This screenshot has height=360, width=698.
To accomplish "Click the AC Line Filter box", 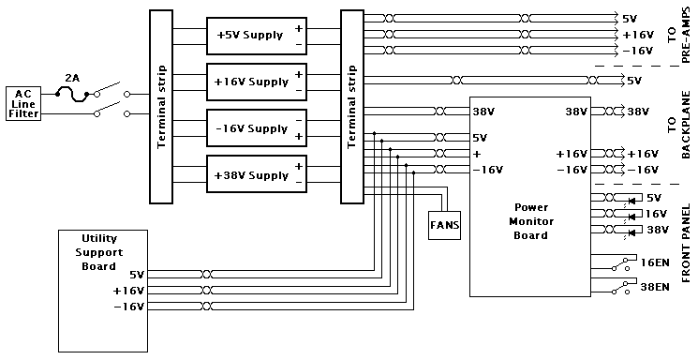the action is point(23,104).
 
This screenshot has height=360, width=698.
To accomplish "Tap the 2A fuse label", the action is point(72,79).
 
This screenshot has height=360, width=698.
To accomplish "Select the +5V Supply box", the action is point(257,36).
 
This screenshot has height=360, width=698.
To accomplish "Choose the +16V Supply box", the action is point(257,82).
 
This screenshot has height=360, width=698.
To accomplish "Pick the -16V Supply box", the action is point(257,127).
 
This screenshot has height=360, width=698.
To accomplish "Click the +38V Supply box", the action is point(257,173).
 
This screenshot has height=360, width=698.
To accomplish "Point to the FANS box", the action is point(444,225).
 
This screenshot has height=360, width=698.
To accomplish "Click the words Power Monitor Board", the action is point(531,221).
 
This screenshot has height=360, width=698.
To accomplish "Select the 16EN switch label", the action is point(655,262).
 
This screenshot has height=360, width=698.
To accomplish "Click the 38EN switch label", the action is point(655,287).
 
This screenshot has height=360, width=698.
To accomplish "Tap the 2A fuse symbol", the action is point(72,95).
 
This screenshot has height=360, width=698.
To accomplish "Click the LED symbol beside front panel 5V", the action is point(631,201).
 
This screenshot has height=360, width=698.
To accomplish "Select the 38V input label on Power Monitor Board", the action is point(483,112).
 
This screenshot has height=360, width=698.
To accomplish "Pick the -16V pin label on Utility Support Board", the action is point(129,307).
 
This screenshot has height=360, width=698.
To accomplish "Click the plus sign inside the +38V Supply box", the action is point(298,166).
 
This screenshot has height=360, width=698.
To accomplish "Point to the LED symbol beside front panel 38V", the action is point(631,233).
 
